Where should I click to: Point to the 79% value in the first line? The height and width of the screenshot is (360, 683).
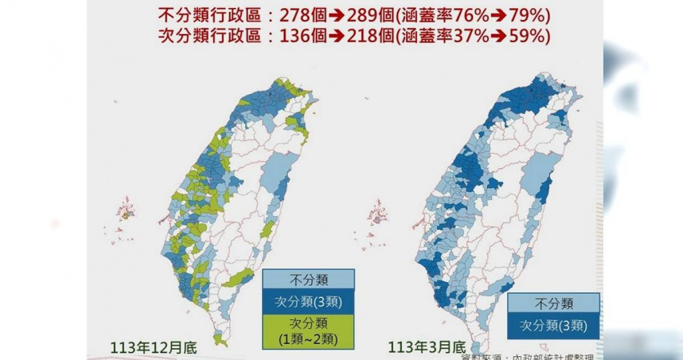532,16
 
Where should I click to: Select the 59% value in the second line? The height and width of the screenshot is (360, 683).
532,36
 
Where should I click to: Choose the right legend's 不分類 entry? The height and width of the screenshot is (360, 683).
552,303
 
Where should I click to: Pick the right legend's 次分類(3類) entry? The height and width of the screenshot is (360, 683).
552,325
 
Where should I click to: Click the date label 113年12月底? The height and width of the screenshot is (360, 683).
153,347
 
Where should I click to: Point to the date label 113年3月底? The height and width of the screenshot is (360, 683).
426,347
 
